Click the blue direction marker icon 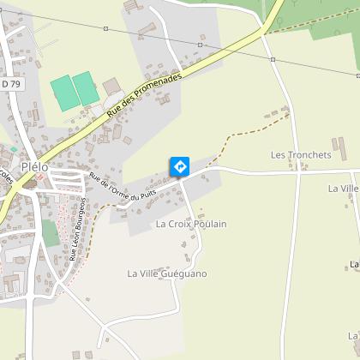179,165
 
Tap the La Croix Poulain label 191,224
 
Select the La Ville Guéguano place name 167,273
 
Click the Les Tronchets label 300,155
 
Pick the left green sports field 62,92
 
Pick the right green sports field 85,87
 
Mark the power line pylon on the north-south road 273,59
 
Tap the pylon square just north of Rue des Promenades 200,45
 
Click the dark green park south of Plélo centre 50,231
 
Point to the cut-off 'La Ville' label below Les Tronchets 349,188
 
